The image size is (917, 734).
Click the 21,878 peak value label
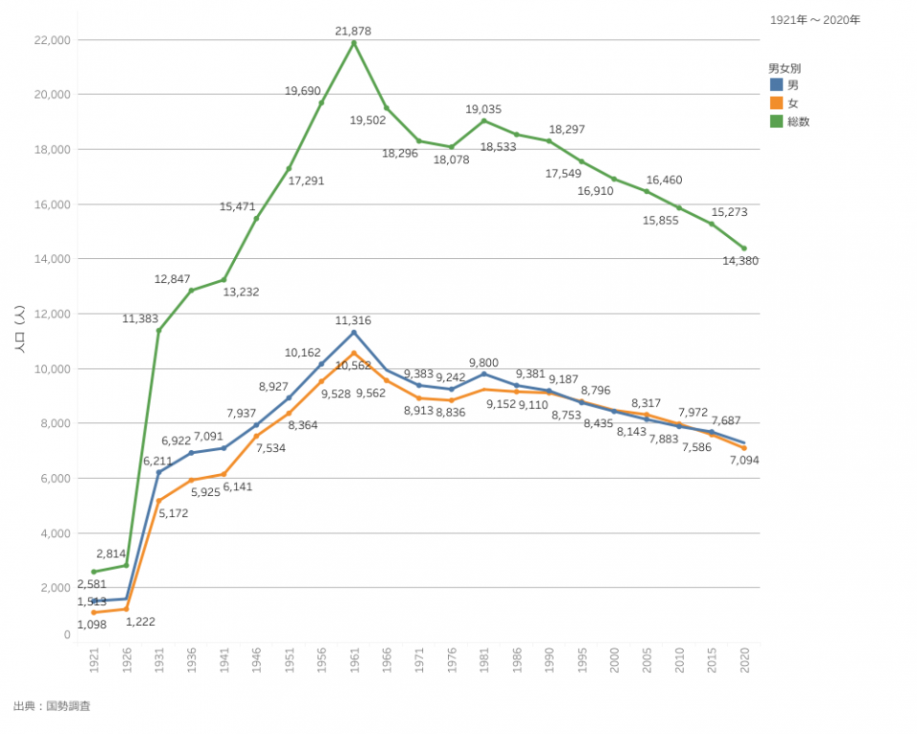(x=353, y=32)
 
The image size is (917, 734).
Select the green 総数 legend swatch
(x=776, y=121)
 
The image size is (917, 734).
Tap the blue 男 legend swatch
(x=776, y=86)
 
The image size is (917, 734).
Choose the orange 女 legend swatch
(x=776, y=103)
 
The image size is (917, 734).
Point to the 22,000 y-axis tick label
(x=52, y=40)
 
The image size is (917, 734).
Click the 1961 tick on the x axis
(x=354, y=660)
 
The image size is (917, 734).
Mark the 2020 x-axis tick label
(x=744, y=660)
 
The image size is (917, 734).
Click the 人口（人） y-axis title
(x=19, y=330)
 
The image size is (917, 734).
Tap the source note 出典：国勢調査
(x=52, y=706)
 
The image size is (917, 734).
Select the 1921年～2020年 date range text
(x=815, y=19)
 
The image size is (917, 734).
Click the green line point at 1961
(x=354, y=43)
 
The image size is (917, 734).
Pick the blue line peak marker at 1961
(x=354, y=333)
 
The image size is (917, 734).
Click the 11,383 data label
(x=140, y=319)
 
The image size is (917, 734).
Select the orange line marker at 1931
(x=159, y=501)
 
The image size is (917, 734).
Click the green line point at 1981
(x=484, y=120)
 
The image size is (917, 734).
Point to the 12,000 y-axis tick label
(x=52, y=313)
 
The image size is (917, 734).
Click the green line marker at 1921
(x=94, y=572)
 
